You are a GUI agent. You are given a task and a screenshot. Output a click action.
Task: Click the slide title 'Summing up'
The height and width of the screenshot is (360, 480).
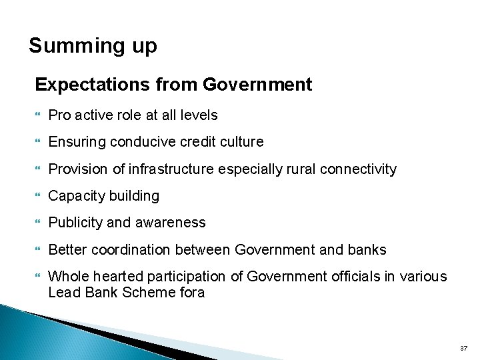(x=93, y=46)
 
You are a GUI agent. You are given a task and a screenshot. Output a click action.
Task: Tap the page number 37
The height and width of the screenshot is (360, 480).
(x=464, y=349)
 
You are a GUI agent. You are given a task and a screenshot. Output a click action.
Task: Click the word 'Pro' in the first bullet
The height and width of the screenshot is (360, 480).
(x=60, y=115)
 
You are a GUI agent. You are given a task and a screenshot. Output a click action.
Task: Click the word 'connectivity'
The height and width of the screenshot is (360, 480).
(x=358, y=169)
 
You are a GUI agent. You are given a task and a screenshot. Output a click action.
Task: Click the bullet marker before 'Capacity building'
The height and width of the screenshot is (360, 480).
(x=38, y=196)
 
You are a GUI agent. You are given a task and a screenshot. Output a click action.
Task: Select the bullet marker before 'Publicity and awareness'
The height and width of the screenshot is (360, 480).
(x=38, y=223)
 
